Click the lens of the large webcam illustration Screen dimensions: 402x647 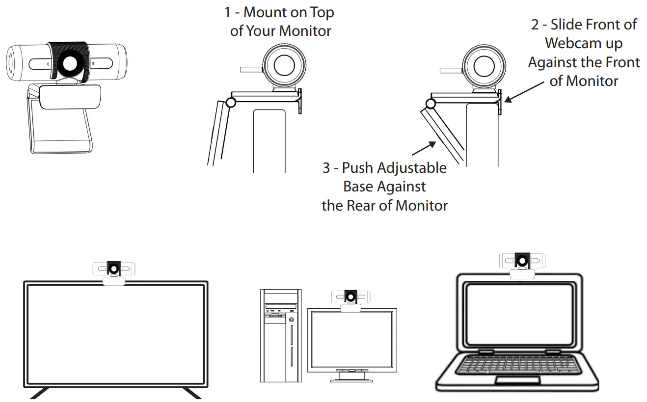[69, 63]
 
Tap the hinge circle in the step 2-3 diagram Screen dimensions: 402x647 [431, 104]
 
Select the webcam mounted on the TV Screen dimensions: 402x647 [114, 271]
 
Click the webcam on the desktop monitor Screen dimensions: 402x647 [350, 299]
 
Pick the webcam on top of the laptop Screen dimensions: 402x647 [522, 263]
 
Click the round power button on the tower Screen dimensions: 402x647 [292, 320]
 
